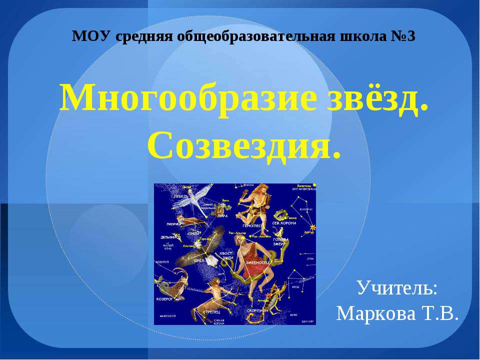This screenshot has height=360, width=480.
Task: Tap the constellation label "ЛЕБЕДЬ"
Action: click(181, 196)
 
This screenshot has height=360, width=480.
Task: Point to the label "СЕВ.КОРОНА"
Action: click(284, 223)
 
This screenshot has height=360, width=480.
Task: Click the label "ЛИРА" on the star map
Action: click(222, 216)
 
